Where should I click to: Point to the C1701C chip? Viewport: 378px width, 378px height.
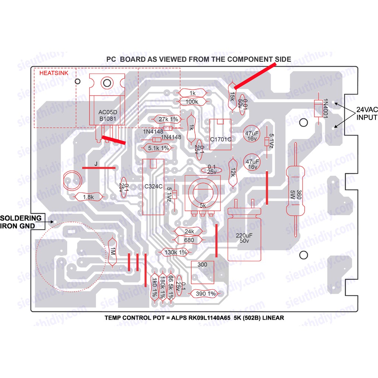pos(220,135)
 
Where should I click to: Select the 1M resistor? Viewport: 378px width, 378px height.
pos(112,252)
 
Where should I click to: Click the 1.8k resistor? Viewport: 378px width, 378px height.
pos(89,197)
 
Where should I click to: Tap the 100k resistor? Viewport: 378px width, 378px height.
pos(192,102)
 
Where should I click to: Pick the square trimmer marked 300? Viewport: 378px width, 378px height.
pos(203,271)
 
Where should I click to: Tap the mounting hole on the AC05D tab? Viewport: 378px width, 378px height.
pos(107,82)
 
